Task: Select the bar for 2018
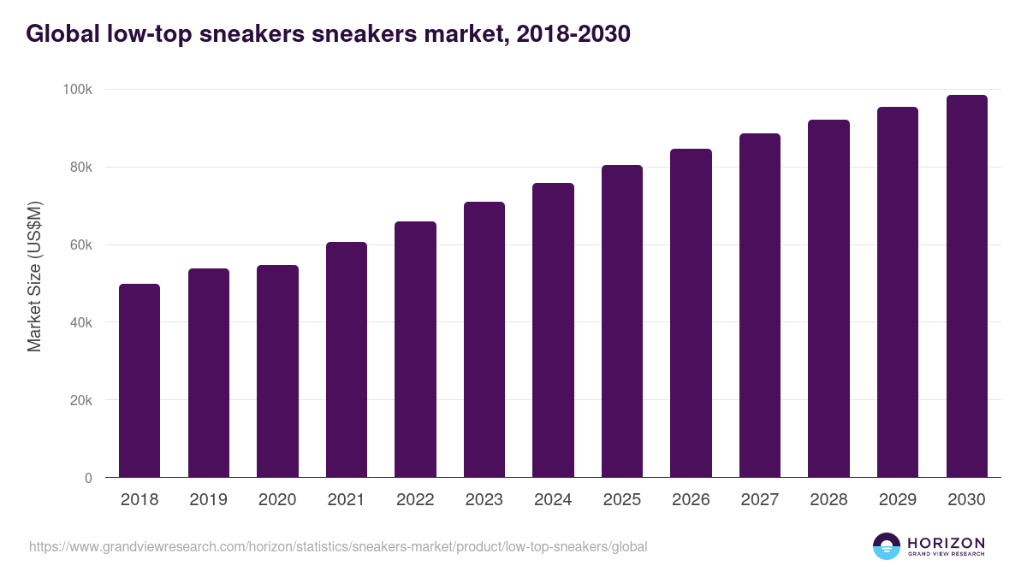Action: [140, 380]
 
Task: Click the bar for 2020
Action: [277, 371]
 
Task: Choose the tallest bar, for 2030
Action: [966, 286]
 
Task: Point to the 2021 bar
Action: [347, 360]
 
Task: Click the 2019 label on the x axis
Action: [209, 500]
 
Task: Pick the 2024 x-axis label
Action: [553, 500]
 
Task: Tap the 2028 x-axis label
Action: [828, 500]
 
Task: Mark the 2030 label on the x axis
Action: [966, 500]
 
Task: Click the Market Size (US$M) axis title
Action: [34, 276]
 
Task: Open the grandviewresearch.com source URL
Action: [338, 546]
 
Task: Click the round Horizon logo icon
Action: [887, 546]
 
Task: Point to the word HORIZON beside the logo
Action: [946, 543]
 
